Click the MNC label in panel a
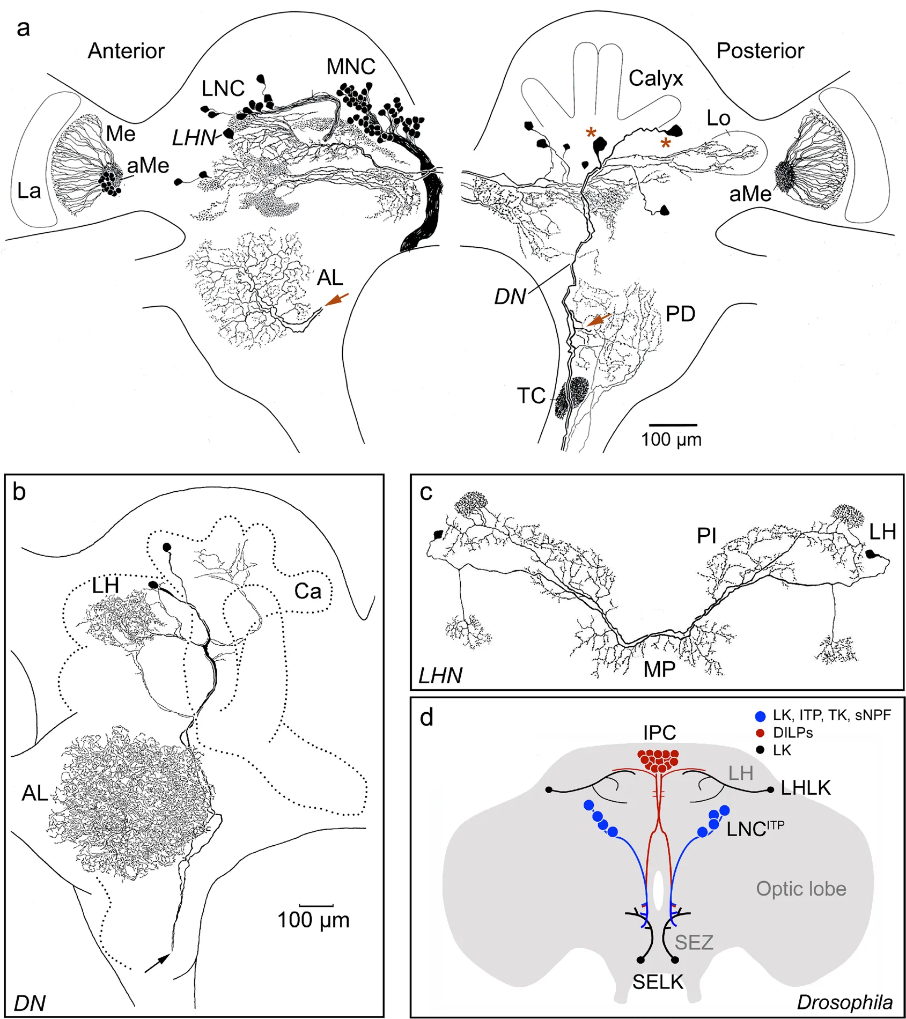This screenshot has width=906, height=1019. [x=351, y=67]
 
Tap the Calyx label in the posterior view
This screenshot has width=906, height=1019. [x=655, y=79]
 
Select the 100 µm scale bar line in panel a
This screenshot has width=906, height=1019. [x=673, y=425]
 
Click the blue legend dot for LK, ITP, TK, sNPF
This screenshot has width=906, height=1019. [x=760, y=716]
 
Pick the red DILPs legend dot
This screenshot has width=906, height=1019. [x=760, y=733]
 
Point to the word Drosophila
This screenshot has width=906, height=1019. [x=844, y=1002]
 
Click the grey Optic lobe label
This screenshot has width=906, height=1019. [x=801, y=889]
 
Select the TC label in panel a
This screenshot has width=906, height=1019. [x=531, y=396]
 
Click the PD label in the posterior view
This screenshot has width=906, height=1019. [x=680, y=314]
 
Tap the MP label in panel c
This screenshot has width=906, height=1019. [x=659, y=669]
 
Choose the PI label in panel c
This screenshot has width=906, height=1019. [x=706, y=535]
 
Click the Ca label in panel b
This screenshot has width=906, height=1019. [x=307, y=592]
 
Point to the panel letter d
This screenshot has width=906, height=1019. [x=426, y=717]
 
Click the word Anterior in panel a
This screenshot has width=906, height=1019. [x=126, y=51]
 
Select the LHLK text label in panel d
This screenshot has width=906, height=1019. [x=805, y=788]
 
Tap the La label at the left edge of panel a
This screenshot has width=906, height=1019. [x=29, y=191]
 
